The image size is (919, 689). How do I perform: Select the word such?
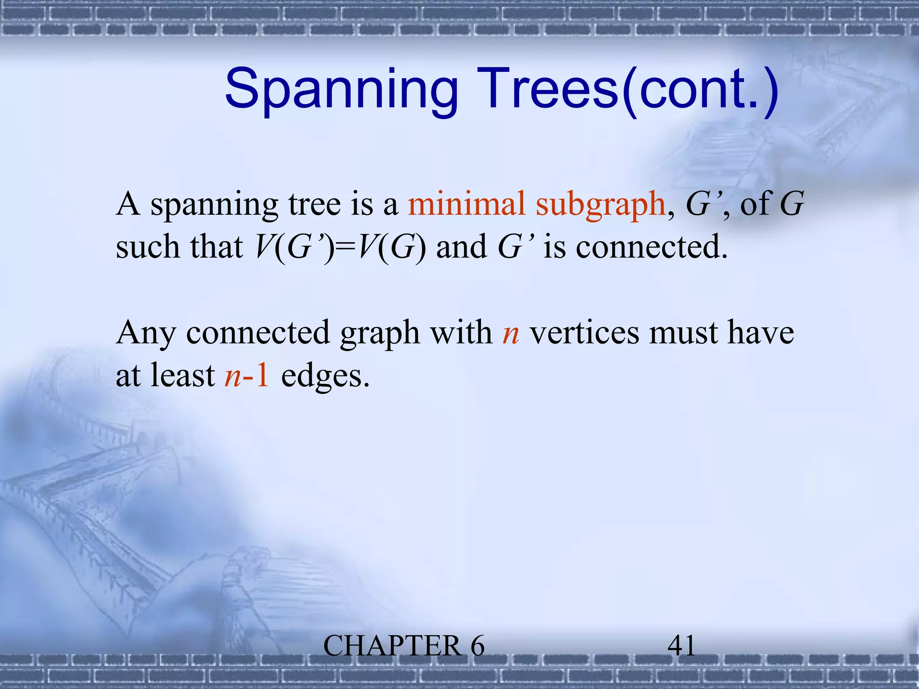[x=148, y=247]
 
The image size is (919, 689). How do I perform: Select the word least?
[x=183, y=375]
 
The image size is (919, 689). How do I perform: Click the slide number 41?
[x=681, y=646]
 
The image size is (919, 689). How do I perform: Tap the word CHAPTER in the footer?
[x=392, y=646]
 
